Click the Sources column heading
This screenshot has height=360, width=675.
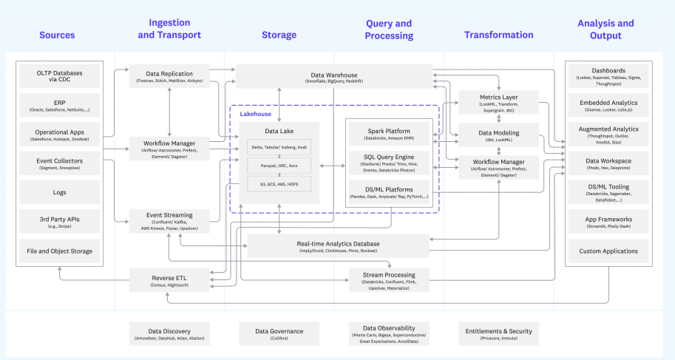[57, 35]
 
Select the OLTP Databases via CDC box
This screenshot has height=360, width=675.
[60, 77]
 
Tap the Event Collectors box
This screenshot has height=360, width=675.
[60, 163]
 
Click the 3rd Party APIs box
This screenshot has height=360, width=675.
[60, 222]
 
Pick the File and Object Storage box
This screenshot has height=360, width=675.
[60, 251]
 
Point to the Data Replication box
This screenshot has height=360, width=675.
[170, 77]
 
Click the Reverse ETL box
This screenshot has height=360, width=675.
[170, 279]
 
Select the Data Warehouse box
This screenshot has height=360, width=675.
[333, 77]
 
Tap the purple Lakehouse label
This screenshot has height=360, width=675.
[255, 114]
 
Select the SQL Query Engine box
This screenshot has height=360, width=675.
[389, 163]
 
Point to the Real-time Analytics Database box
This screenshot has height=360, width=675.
[338, 246]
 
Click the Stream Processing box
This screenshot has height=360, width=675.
[389, 279]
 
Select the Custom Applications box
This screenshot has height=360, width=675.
[608, 251]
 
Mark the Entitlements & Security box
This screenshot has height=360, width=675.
[499, 333]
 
